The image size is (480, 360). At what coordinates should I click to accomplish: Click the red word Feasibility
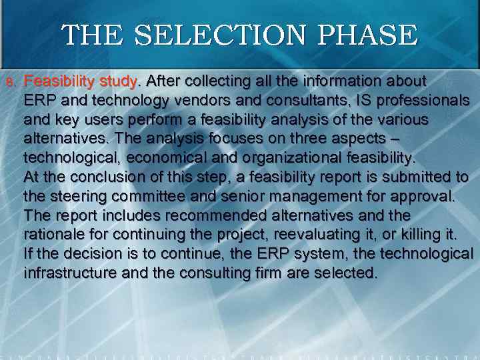[59, 82]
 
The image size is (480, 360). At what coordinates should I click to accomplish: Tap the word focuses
[191, 139]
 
